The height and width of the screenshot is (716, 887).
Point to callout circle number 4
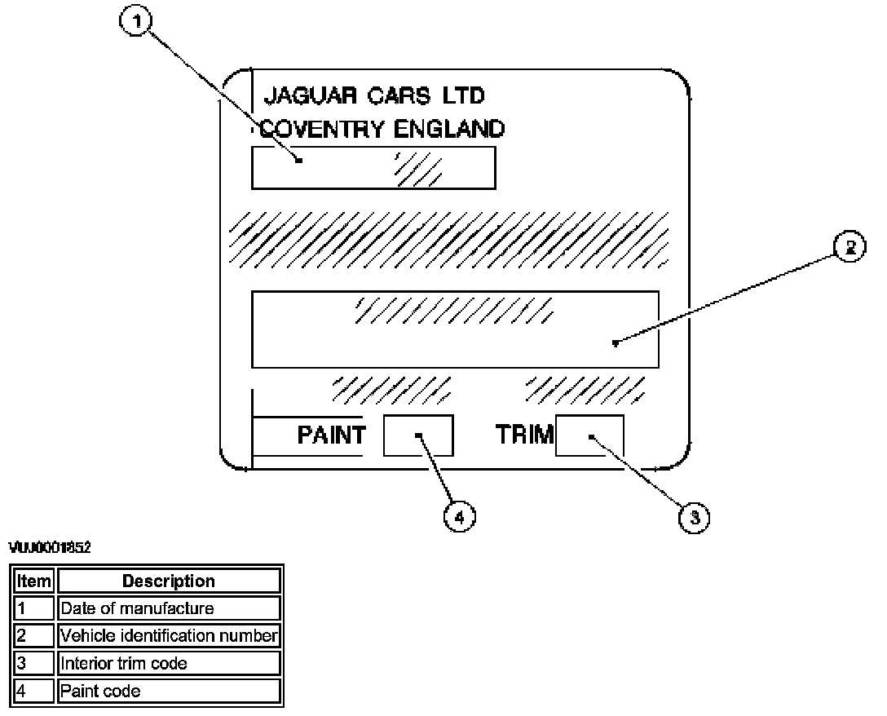pos(460,516)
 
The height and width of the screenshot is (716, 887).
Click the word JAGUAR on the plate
pos(299,96)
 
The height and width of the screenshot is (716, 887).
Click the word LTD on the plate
pos(463,96)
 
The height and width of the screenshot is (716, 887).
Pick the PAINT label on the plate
pos(331,435)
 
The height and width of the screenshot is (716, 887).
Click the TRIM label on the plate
pos(524,435)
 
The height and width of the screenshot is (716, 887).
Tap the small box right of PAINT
pos(417,435)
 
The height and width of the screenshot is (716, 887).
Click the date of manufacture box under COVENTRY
pos(373,167)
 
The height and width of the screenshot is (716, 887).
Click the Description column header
pos(169,581)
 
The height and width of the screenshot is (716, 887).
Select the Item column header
pos(33,581)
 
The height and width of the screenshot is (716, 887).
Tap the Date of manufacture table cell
pos(169,608)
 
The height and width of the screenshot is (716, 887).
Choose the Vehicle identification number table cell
pos(169,635)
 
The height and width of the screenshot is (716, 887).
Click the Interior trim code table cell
pos(169,663)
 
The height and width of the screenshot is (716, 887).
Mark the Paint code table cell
pos(169,691)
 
